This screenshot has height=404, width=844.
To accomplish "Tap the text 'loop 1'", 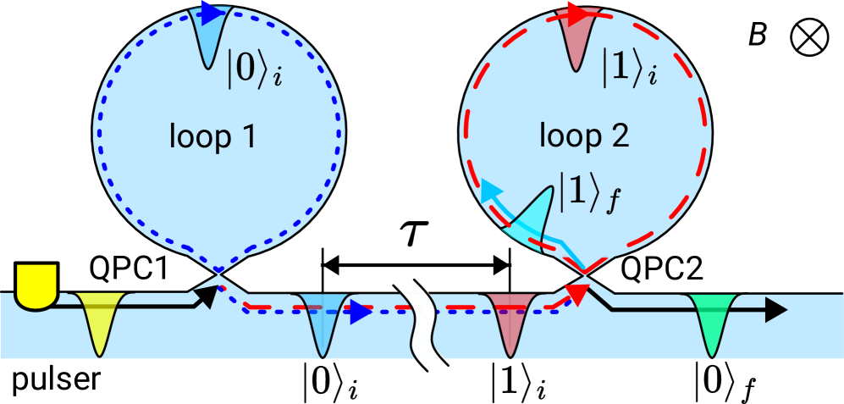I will pyautogui.click(x=212, y=136).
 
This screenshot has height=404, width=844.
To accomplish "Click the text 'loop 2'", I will pyautogui.click(x=585, y=136).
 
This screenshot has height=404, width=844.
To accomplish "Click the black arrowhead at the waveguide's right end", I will pyautogui.click(x=776, y=310).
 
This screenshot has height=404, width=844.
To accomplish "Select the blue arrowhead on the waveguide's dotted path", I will pyautogui.click(x=361, y=312).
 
